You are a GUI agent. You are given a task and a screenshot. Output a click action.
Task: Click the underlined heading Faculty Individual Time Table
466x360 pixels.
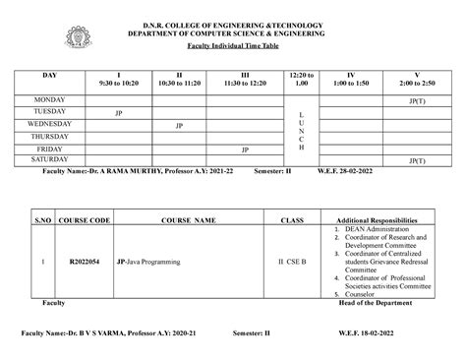pyautogui.click(x=232, y=47)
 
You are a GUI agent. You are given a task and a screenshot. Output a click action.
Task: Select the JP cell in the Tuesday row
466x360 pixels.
pyautogui.click(x=119, y=112)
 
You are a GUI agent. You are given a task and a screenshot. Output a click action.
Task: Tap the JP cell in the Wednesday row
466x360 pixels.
pyautogui.click(x=179, y=125)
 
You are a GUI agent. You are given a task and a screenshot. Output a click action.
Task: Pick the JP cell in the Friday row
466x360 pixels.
pyautogui.click(x=245, y=149)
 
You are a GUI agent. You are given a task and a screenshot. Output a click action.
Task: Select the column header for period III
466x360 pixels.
pyautogui.click(x=245, y=80)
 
